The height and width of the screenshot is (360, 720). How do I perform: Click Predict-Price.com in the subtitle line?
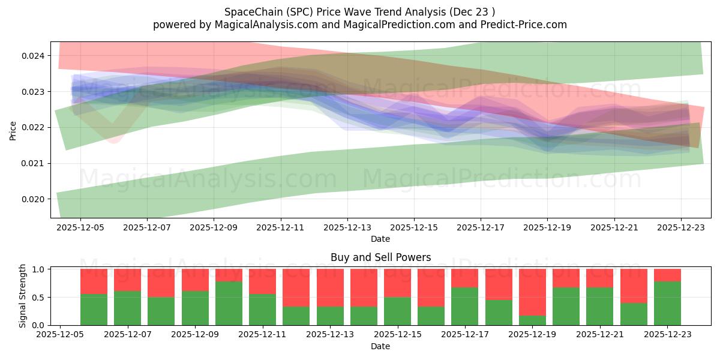tap(521, 25)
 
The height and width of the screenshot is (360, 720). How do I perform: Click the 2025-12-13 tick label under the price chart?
tap(347, 228)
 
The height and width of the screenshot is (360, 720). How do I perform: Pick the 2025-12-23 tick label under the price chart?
tap(680, 228)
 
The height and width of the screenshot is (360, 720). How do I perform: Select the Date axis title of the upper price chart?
tap(380, 239)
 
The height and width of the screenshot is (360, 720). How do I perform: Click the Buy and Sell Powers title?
tap(380, 257)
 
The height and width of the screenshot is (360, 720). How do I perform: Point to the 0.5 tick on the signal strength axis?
tap(38, 297)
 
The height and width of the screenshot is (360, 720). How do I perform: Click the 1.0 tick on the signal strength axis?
tap(38, 269)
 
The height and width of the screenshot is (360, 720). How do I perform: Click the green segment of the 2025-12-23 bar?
tap(667, 303)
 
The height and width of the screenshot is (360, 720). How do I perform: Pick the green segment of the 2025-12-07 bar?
tap(127, 308)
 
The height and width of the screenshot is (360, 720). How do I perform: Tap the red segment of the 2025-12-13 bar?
tap(330, 288)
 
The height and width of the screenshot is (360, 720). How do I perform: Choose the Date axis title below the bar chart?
tap(380, 346)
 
